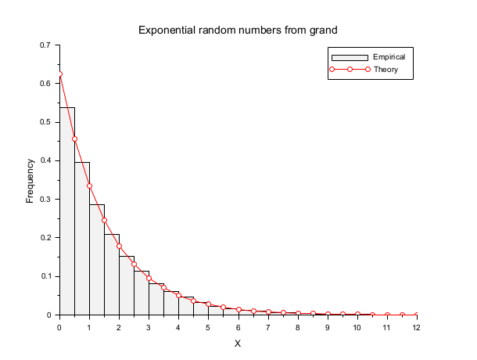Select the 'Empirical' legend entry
[x=389, y=57]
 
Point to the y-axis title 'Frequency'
[x=30, y=181]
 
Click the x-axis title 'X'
[x=238, y=344]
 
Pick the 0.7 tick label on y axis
[x=45, y=45]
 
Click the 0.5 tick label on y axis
[x=45, y=122]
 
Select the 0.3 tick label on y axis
[x=45, y=199]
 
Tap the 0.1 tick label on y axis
[x=45, y=276]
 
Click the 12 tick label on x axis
[x=417, y=327]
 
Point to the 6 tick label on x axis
[x=238, y=327]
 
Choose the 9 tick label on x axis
[x=328, y=327]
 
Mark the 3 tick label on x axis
[x=149, y=327]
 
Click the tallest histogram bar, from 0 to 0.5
[x=66, y=211]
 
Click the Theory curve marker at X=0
[x=59, y=74]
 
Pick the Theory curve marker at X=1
[x=89, y=185]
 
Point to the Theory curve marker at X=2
[x=119, y=246]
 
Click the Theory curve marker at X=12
[x=417, y=315]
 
